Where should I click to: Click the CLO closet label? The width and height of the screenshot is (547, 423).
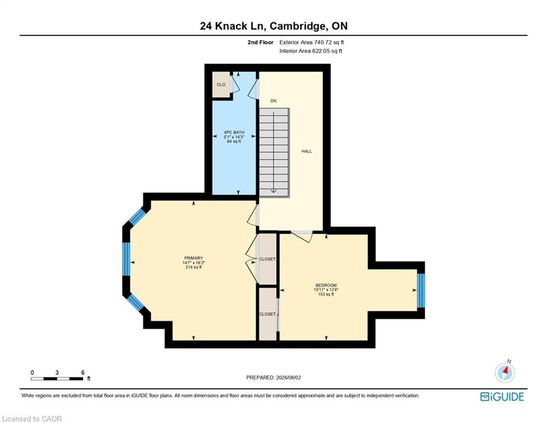(221, 85)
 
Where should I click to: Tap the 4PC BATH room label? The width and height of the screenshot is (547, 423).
(234, 133)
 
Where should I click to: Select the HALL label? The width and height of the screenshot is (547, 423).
(307, 151)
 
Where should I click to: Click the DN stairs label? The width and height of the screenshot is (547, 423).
(274, 101)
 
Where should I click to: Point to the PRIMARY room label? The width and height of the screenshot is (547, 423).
(194, 258)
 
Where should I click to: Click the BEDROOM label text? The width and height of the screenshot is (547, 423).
(326, 285)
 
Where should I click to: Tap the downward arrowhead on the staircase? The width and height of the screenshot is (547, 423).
(274, 191)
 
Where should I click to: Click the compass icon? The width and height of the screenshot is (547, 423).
(505, 372)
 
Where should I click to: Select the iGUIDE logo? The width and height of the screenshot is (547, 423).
(502, 397)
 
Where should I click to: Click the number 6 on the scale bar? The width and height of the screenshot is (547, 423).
(82, 372)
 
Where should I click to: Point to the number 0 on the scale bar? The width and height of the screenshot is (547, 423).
(32, 372)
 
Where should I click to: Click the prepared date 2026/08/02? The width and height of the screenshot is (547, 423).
(288, 377)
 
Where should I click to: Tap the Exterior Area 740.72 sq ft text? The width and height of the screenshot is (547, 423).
(312, 42)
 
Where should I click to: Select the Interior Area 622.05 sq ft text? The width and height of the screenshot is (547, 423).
(311, 51)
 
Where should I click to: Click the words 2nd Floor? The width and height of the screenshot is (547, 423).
(260, 42)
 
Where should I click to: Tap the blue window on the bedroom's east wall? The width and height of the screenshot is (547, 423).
(421, 290)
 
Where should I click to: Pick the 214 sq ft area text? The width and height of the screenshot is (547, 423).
(194, 267)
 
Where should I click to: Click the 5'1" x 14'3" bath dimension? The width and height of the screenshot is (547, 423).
(234, 137)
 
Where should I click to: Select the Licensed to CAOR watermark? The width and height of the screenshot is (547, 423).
(32, 419)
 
